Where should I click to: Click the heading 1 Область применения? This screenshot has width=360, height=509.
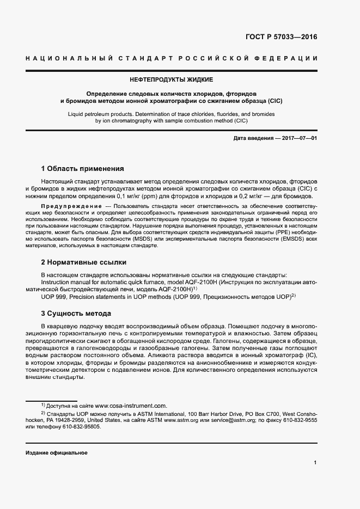[x=82, y=168]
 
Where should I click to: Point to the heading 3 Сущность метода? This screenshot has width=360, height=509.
[x=76, y=314]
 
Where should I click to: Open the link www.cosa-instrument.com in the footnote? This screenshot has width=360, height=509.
[x=130, y=406]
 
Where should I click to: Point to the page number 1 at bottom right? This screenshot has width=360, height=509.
[x=315, y=463]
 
